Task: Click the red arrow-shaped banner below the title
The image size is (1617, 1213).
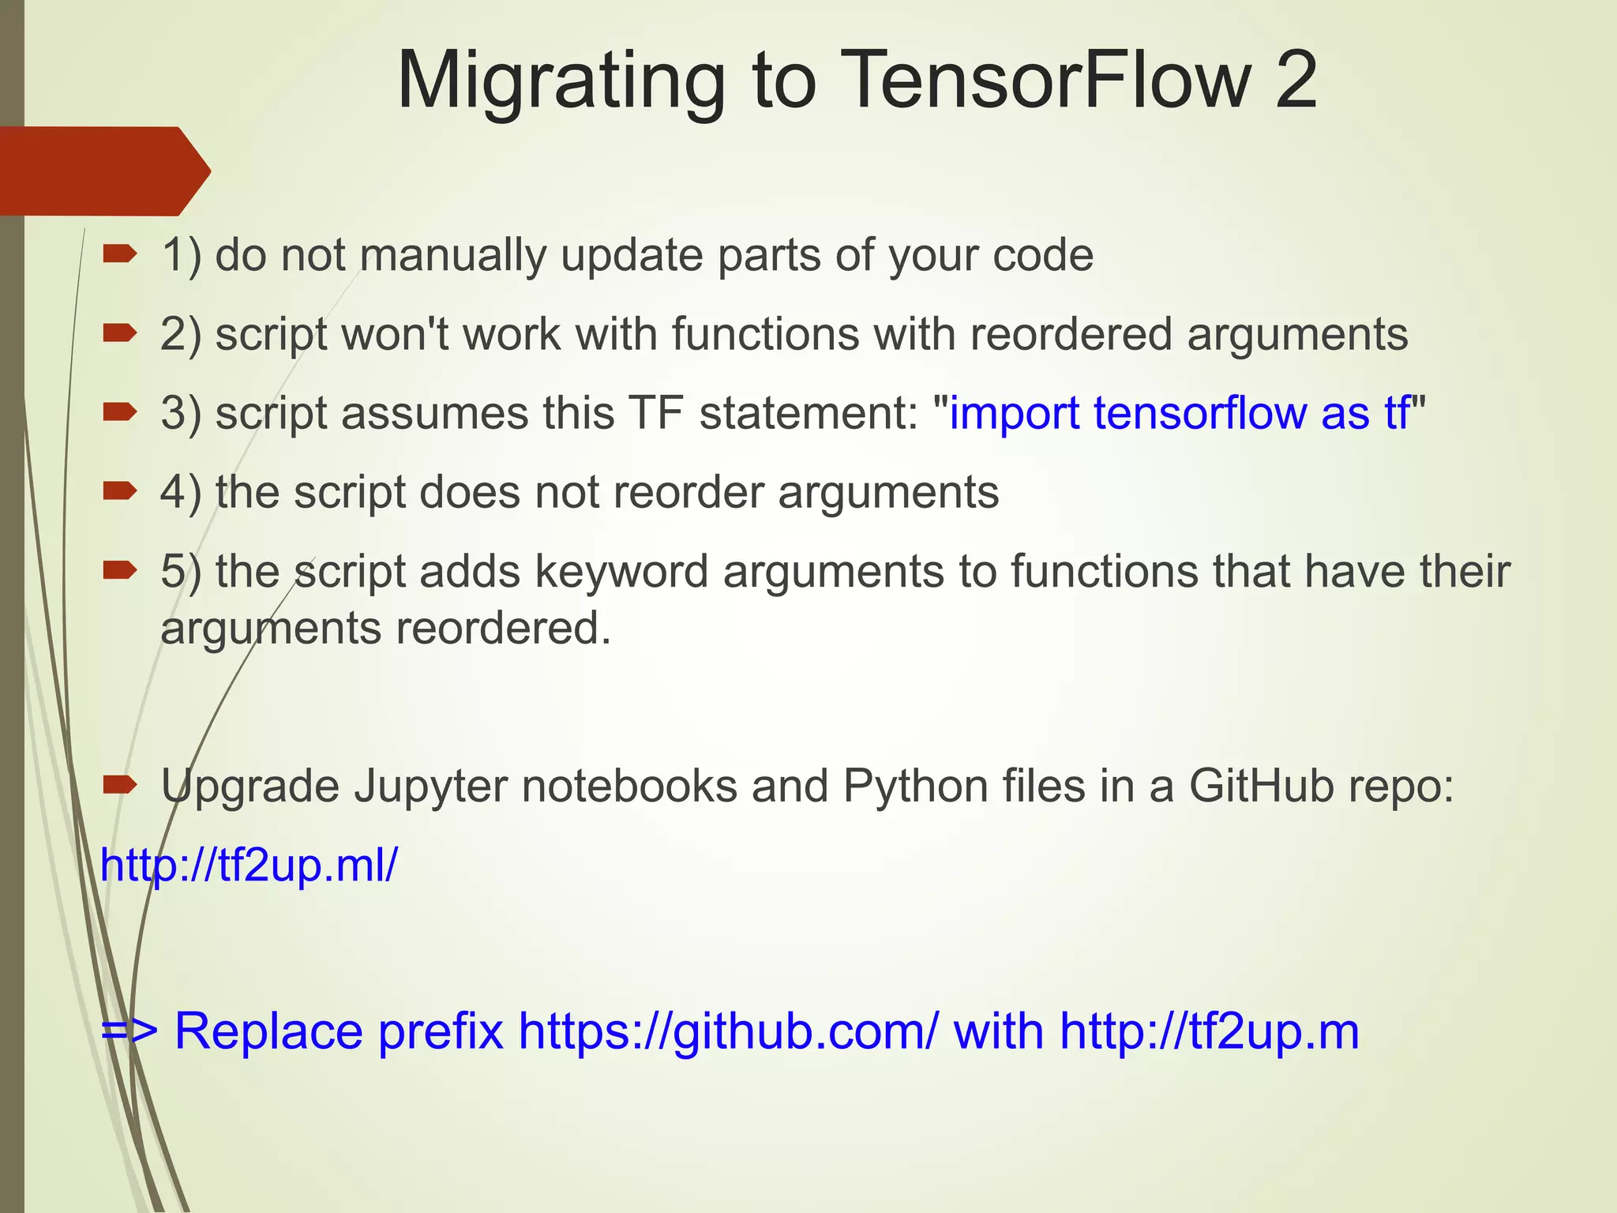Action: point(103,171)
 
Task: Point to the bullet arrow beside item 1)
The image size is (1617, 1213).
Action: point(120,253)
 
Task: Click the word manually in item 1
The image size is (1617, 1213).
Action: point(452,256)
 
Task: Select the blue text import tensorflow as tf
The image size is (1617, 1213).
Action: point(1179,413)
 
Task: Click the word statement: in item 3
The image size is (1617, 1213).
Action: point(808,413)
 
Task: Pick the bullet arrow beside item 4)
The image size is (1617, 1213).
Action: point(120,491)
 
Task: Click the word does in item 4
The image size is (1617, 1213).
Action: point(469,492)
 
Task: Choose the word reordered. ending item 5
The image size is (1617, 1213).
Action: point(503,629)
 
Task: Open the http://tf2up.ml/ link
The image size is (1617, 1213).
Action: point(249,866)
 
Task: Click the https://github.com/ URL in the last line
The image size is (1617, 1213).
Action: point(728,1032)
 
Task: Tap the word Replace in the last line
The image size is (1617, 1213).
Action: point(268,1031)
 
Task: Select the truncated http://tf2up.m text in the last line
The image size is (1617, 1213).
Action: point(1209,1031)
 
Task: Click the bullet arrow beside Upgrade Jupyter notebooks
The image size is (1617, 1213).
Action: point(120,784)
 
